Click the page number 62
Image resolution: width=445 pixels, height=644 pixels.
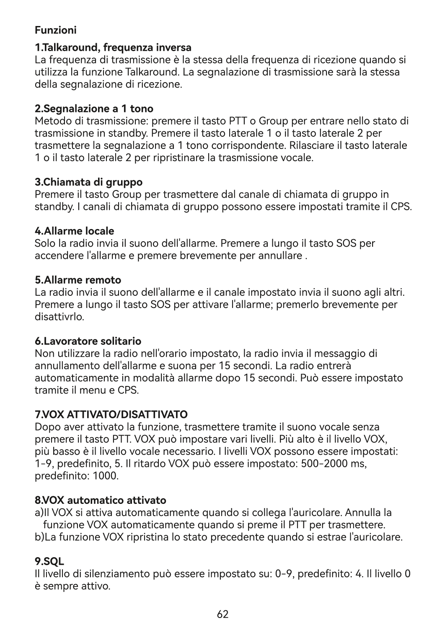click(x=222, y=614)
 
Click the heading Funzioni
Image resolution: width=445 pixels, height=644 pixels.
click(x=55, y=31)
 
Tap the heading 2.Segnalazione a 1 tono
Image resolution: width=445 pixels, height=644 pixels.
click(x=94, y=109)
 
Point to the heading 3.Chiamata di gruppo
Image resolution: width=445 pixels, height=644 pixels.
click(x=88, y=182)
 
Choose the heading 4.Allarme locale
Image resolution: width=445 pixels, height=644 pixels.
click(x=74, y=231)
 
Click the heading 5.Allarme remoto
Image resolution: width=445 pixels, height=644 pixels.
click(x=78, y=280)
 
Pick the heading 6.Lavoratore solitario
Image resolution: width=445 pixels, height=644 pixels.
click(x=88, y=341)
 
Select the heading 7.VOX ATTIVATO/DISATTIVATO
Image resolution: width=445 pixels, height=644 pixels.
click(x=111, y=415)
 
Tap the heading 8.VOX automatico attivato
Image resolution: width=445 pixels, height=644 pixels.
click(x=100, y=500)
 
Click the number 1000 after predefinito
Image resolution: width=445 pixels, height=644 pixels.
click(x=106, y=477)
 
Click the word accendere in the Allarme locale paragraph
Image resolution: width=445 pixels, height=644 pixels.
click(x=57, y=256)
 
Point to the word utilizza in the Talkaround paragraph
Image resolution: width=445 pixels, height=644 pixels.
click(x=49, y=72)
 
